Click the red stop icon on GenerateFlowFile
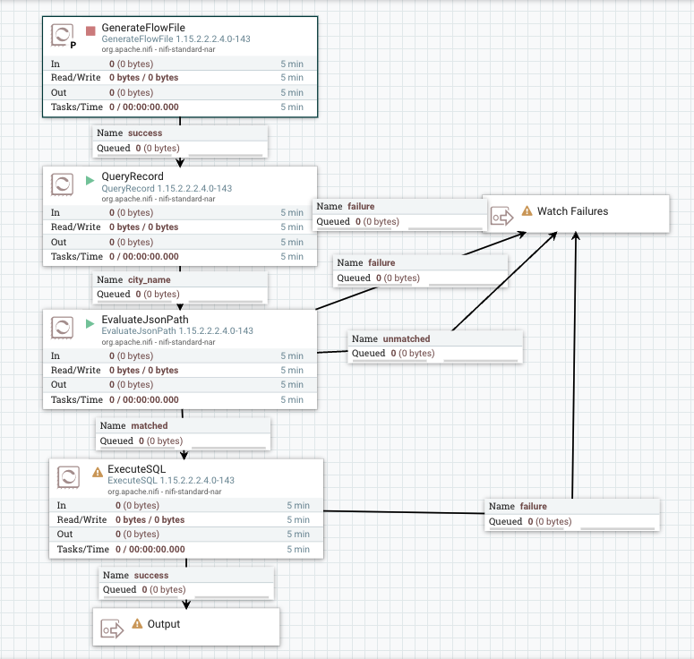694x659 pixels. coord(90,31)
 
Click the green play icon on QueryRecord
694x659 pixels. coord(90,180)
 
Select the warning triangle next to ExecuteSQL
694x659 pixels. coord(97,472)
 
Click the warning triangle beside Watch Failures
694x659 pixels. coord(527,211)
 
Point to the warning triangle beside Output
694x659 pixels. coord(137,623)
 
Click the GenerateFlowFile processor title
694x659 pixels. coord(143,29)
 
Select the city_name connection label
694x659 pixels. coord(149,279)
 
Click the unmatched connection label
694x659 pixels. coord(406,338)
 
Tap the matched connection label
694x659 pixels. coord(149,426)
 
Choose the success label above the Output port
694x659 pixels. coord(150,575)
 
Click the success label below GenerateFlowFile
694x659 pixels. coord(145,133)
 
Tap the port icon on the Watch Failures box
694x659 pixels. coord(501,216)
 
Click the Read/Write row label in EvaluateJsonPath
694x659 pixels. coord(76,370)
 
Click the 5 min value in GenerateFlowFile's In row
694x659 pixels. coord(292,64)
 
